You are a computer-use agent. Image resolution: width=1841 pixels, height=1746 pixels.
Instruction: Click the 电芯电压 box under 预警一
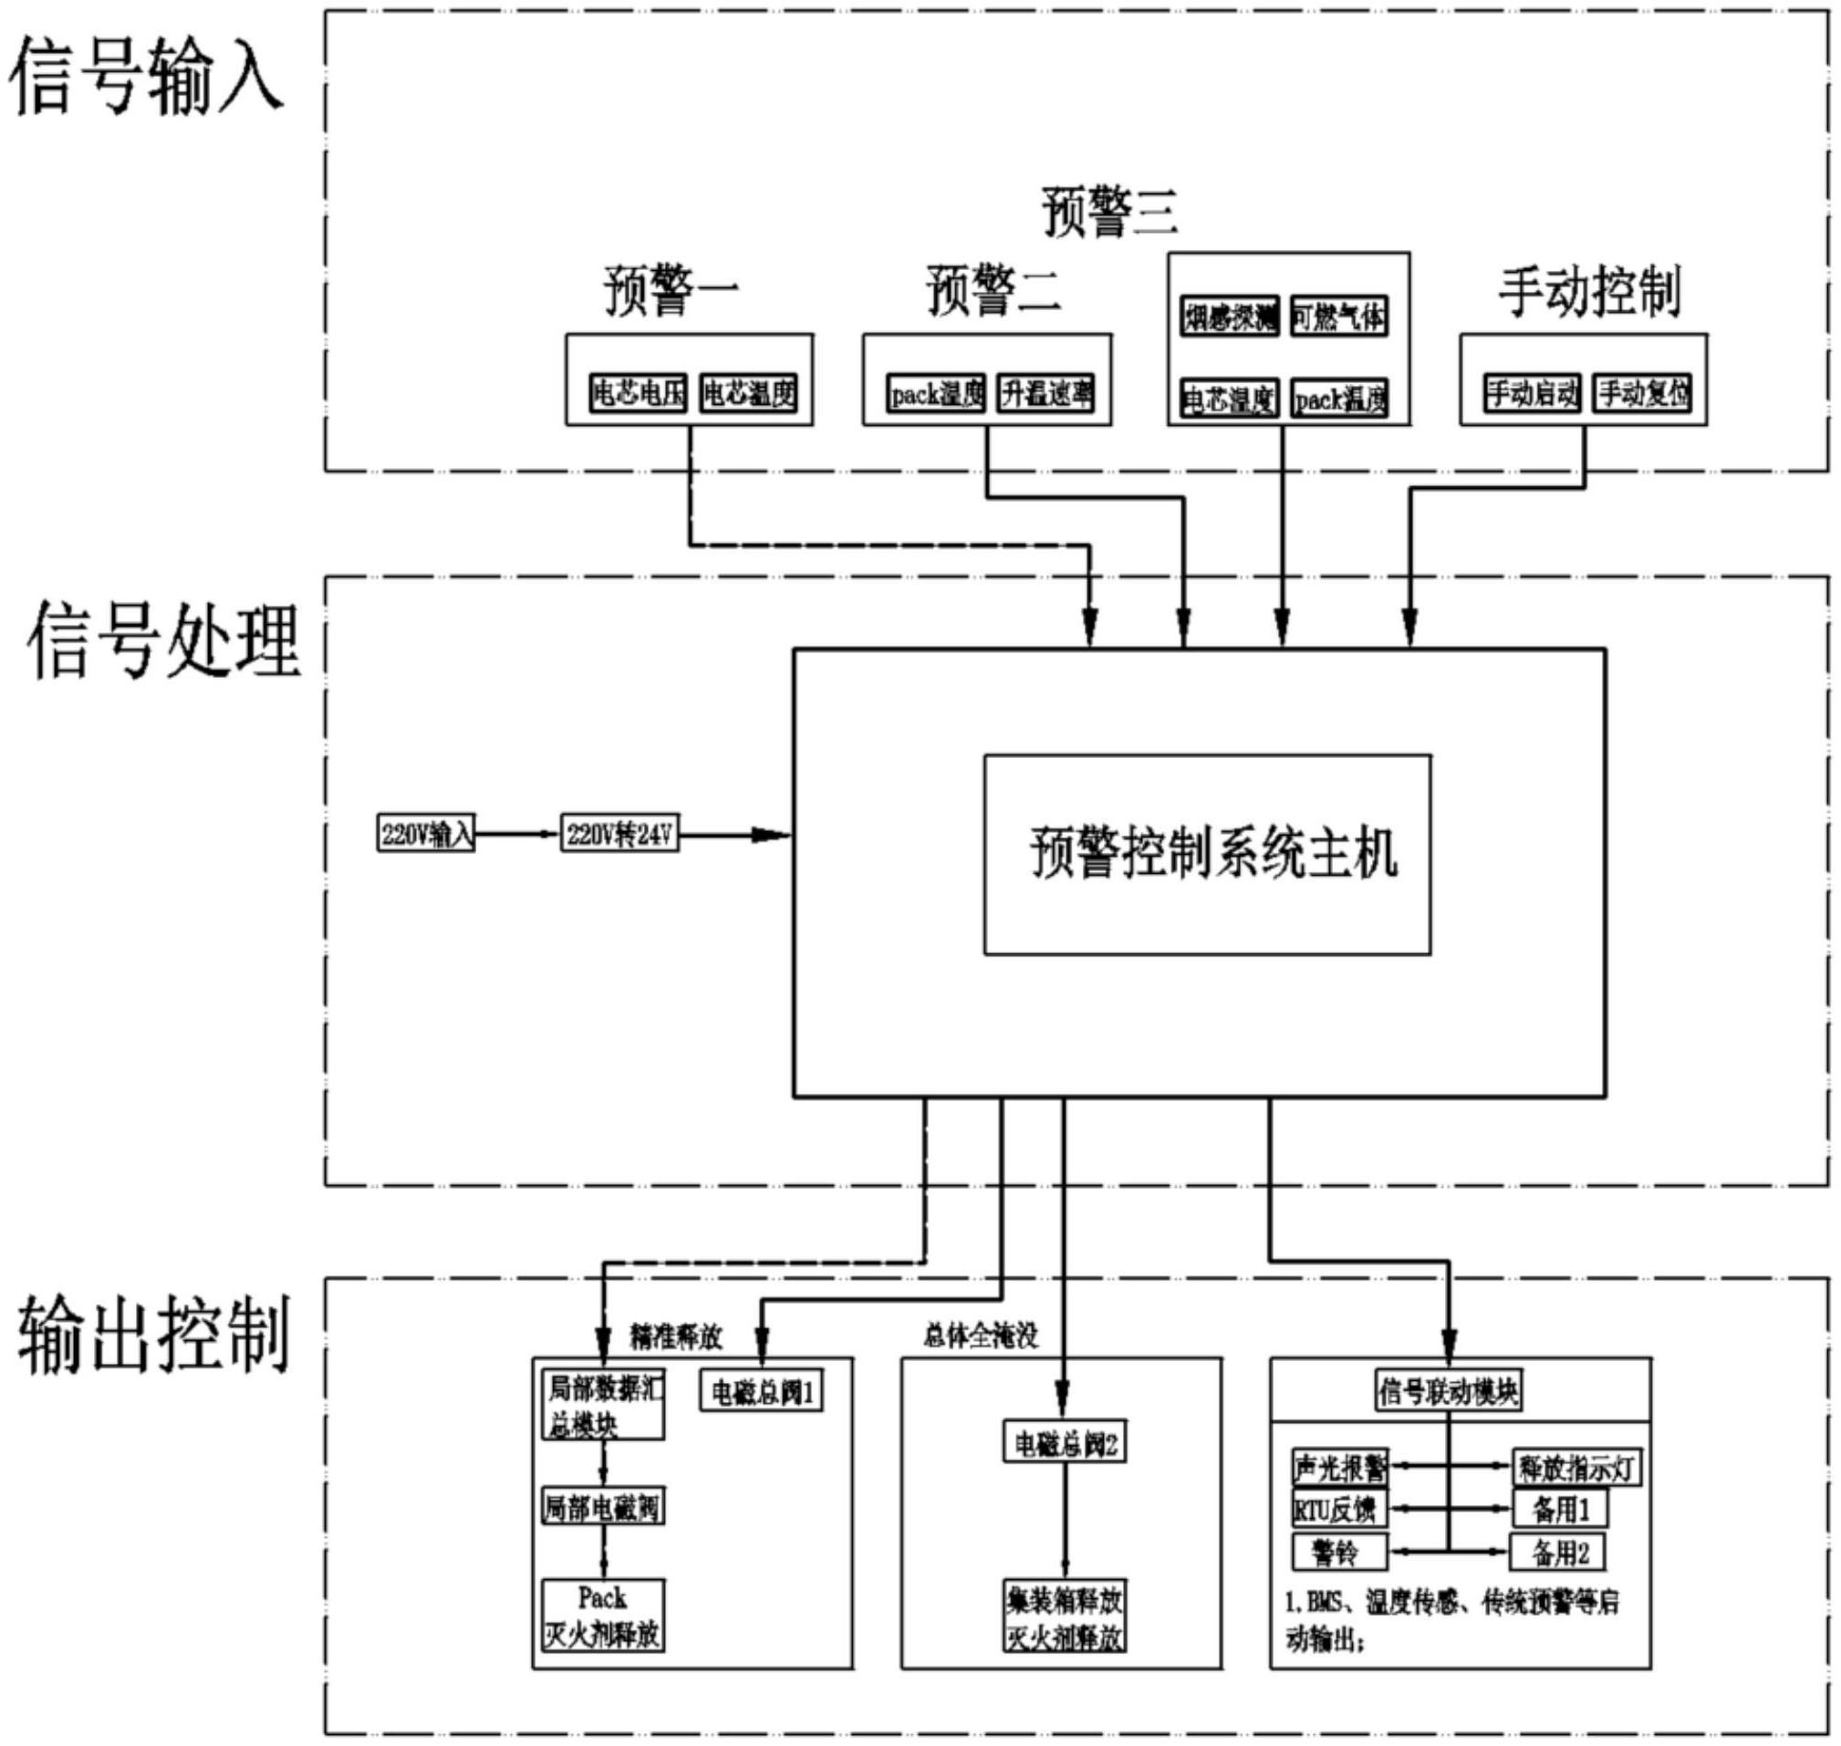pos(639,394)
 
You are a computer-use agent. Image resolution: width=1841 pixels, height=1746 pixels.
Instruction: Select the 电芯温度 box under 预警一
pos(748,394)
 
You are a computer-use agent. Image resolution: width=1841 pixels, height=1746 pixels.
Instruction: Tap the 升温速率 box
pos(1046,394)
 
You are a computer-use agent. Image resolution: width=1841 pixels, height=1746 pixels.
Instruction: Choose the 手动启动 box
pos(1532,394)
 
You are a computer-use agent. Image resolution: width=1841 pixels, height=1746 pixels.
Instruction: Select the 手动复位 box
pos(1643,394)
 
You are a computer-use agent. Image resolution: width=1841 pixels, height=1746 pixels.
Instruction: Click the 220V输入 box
pos(426,834)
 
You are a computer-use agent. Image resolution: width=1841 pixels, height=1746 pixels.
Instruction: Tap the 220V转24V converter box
pos(619,834)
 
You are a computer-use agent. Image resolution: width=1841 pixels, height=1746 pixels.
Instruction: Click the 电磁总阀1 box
pos(762,1392)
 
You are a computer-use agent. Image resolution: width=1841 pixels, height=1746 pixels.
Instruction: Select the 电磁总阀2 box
pos(1065,1444)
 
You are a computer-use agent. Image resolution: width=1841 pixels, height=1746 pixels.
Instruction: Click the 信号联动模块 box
pos(1448,1392)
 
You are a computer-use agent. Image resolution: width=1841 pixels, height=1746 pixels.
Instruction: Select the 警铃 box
pos(1339,1552)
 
